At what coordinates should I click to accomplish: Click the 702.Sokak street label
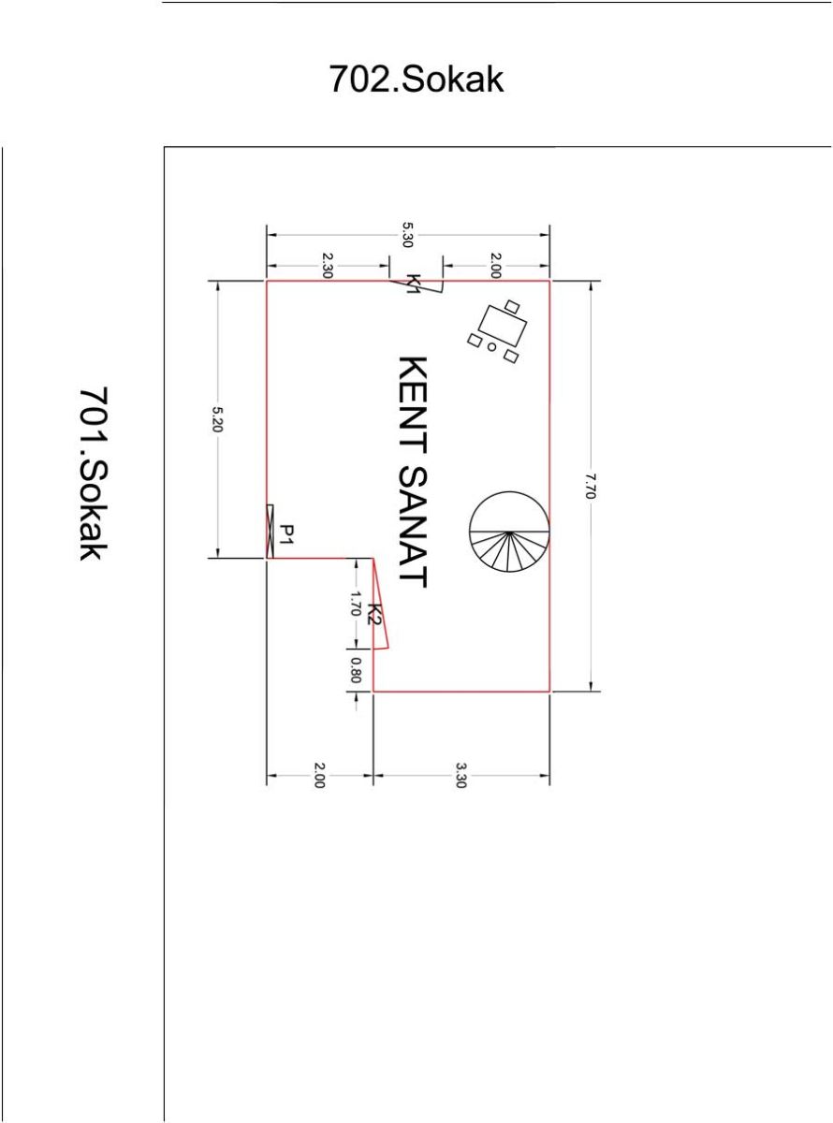416,79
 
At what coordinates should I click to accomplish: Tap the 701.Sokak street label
94,474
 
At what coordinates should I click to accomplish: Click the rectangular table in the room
503,326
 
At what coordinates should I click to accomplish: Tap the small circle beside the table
491,347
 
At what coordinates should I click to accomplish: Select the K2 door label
375,615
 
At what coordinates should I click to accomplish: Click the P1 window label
287,534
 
